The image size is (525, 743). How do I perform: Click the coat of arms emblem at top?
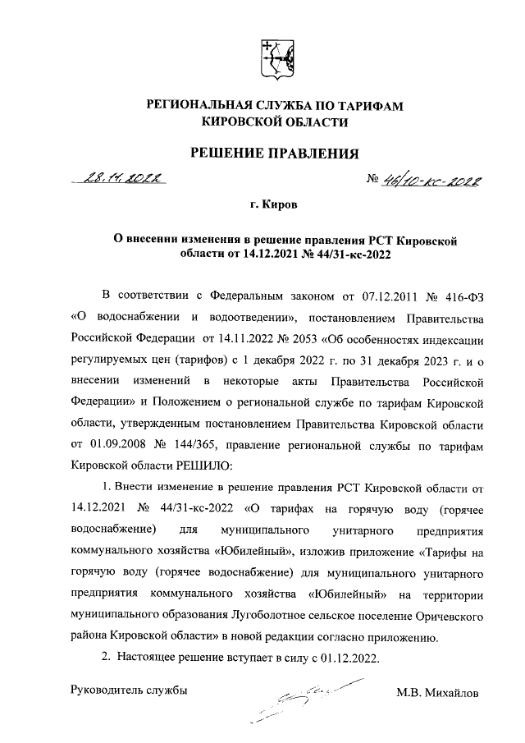pos(275,58)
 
